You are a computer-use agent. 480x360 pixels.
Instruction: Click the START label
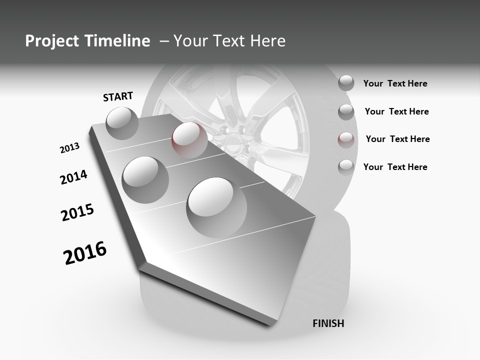tap(118, 96)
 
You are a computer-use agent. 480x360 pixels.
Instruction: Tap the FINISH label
tap(328, 323)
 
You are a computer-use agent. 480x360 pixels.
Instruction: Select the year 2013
tap(69, 148)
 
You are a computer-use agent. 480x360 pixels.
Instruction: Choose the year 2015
tap(77, 212)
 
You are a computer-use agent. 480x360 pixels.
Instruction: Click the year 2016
tap(85, 253)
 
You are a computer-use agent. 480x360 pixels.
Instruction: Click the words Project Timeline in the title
tap(87, 41)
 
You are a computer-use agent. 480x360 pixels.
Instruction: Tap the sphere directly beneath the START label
tap(122, 123)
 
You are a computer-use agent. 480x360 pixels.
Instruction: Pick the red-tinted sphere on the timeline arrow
tap(189, 139)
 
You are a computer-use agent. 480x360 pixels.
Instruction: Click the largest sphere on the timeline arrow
tap(216, 207)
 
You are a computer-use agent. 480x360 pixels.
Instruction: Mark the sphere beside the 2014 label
tap(145, 179)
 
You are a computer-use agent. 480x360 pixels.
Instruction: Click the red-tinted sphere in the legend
tap(346, 139)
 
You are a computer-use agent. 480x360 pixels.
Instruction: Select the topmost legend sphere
tap(346, 83)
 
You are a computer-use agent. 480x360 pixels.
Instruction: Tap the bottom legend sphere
tap(346, 167)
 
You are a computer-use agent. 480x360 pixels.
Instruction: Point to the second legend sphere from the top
tap(346, 111)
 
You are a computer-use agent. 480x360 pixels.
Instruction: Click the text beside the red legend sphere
tap(397, 139)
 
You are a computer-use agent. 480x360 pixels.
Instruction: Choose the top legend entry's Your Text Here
tap(395, 83)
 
